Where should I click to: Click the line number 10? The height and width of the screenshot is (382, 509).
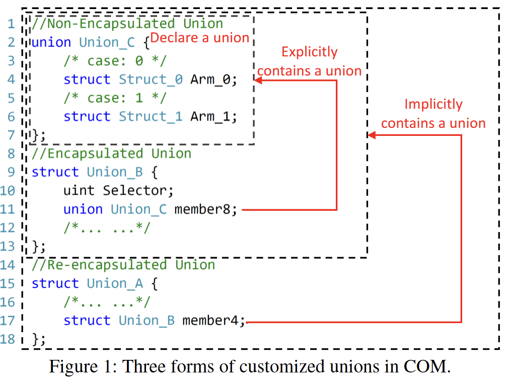pyautogui.click(x=8, y=191)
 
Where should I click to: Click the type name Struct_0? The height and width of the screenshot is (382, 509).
pyautogui.click(x=151, y=80)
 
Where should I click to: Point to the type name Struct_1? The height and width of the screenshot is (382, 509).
pyautogui.click(x=151, y=117)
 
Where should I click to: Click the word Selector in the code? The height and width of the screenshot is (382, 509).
pyautogui.click(x=135, y=191)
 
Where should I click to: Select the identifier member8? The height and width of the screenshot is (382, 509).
pyautogui.click(x=202, y=209)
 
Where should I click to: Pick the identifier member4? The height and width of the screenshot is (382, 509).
pyautogui.click(x=210, y=321)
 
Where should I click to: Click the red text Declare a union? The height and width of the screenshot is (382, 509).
pyautogui.click(x=200, y=38)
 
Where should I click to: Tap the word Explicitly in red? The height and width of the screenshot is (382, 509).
pyautogui.click(x=309, y=52)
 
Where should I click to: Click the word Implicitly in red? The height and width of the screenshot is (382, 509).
pyautogui.click(x=433, y=105)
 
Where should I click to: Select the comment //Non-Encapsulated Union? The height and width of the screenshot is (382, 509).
pyautogui.click(x=127, y=24)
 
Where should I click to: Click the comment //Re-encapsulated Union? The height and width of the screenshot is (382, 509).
pyautogui.click(x=123, y=265)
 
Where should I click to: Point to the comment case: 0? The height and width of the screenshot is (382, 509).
pyautogui.click(x=115, y=61)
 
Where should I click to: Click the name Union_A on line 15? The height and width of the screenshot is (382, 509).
pyautogui.click(x=115, y=284)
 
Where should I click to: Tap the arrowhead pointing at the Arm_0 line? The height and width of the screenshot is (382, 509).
pyautogui.click(x=258, y=80)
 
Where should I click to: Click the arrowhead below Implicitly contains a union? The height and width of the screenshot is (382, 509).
pyautogui.click(x=372, y=135)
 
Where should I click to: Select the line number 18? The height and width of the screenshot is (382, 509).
pyautogui.click(x=8, y=339)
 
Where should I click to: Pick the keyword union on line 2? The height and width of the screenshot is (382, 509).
pyautogui.click(x=51, y=42)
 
